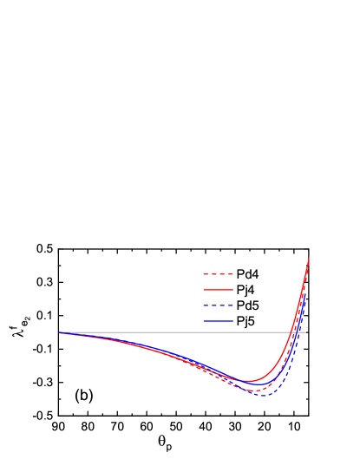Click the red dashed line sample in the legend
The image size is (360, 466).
pos(218,274)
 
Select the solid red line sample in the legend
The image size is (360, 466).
pos(218,290)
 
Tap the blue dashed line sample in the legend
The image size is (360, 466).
pos(218,305)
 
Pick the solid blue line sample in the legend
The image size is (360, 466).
pos(218,321)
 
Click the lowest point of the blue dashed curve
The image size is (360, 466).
pos(264,396)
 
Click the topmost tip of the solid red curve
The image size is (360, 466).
pos(309,257)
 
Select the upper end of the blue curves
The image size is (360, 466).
pos(305,292)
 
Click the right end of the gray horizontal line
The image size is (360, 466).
pos(305,332)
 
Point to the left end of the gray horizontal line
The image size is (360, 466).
pos(59,332)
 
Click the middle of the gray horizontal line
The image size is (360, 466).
pos(182,332)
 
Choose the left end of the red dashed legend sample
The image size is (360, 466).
pos(203,274)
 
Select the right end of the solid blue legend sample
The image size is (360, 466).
pos(233,321)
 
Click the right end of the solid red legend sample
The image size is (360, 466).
pos(233,290)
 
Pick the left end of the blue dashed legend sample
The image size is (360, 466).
pos(203,305)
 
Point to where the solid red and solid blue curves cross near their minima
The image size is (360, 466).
pos(240,379)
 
